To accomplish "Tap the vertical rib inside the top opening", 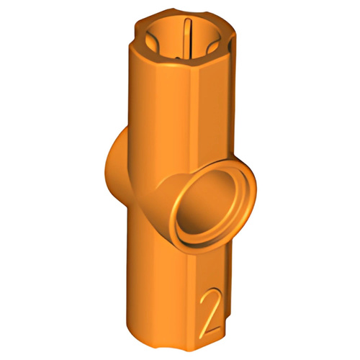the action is (188, 38).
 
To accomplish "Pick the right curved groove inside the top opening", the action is (213, 45).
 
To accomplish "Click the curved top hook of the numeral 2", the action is (210, 294).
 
